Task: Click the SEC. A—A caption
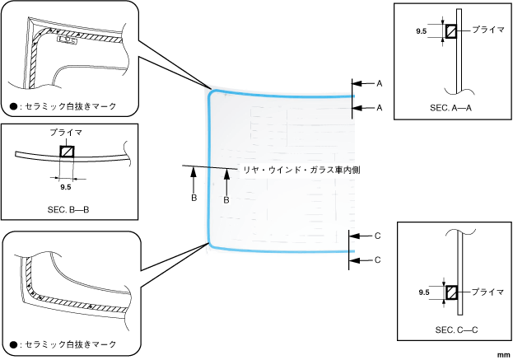pos(448,109)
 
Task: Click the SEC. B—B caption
pos(68,210)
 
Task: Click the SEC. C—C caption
pos(450,329)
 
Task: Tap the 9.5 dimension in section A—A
pos(422,30)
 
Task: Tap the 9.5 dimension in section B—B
pos(66,187)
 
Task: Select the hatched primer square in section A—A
pos(451,31)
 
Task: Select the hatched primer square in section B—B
pos(66,152)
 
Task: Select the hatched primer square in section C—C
pos(451,292)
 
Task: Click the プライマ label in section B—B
pos(66,132)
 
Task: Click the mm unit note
pos(503,353)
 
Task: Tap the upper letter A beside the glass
pos(380,84)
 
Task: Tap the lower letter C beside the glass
pos(378,259)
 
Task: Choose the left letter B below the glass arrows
pos(194,199)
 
